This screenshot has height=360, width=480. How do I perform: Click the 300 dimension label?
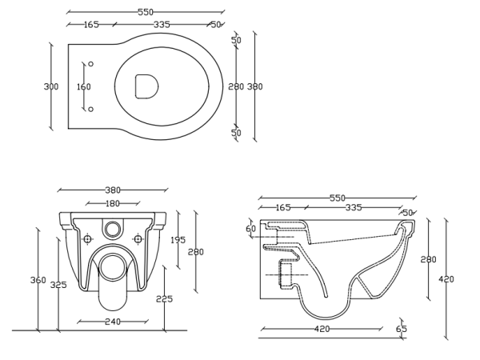tap(51, 86)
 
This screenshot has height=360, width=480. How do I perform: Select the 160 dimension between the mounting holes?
tap(83, 86)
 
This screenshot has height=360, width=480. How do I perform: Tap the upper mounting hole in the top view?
tap(90, 64)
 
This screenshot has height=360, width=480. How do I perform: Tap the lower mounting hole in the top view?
tap(90, 109)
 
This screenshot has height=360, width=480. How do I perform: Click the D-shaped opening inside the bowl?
tap(146, 86)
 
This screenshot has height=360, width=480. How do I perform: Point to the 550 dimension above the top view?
tap(146, 12)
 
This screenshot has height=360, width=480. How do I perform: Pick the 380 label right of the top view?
tap(254, 86)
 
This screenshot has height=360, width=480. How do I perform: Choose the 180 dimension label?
tap(113, 203)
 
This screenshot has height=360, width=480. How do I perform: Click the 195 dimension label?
tap(178, 240)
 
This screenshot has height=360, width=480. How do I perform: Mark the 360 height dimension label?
tap(38, 280)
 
